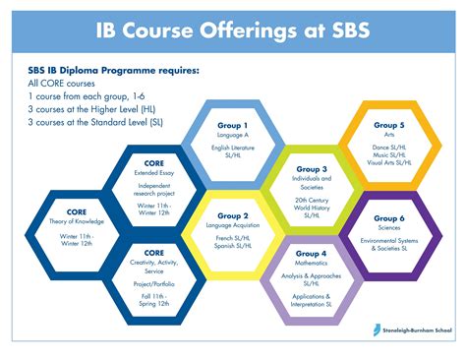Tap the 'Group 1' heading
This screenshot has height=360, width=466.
(x=233, y=126)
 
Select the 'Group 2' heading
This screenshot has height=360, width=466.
(x=233, y=215)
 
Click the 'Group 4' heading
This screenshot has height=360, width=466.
(x=311, y=254)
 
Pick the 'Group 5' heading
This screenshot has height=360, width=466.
(x=389, y=125)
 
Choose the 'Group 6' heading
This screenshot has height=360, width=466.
(x=389, y=218)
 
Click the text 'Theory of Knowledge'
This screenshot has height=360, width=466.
(x=77, y=221)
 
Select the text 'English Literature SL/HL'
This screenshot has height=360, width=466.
(x=233, y=151)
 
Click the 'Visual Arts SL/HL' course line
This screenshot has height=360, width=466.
(x=389, y=162)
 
